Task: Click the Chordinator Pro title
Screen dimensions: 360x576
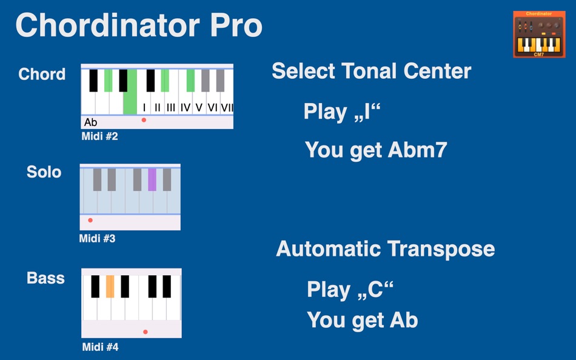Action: pos(139,25)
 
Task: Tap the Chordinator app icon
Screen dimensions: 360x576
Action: pos(535,34)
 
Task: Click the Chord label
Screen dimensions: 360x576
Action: pos(42,74)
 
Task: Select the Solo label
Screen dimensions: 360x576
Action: pos(44,172)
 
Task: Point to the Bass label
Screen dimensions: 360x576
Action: pos(45,278)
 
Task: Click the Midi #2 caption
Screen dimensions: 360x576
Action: pos(99,137)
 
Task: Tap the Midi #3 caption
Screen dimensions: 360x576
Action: pos(97,239)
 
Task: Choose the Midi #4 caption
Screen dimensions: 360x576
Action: pos(100,347)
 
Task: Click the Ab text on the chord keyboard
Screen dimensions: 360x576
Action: pos(91,122)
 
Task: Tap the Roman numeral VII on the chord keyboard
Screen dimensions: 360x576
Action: pos(227,108)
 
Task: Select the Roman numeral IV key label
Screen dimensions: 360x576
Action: pos(186,108)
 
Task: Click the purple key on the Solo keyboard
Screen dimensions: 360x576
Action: pos(152,179)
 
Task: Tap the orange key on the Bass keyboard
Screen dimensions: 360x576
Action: pos(110,286)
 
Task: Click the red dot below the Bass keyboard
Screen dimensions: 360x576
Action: pos(146,332)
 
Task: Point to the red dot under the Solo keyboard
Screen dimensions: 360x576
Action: pos(90,220)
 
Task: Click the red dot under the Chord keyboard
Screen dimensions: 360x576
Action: pos(144,120)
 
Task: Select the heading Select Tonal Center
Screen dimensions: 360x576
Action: pos(371,71)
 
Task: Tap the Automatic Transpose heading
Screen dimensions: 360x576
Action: pos(385,248)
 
